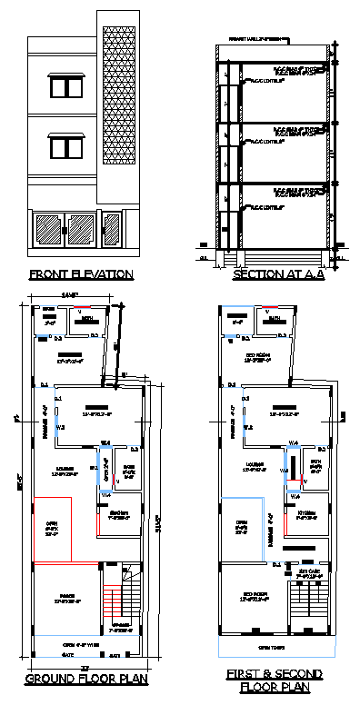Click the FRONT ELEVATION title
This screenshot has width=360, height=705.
pyautogui.click(x=81, y=274)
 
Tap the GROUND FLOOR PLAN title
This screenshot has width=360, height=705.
pyautogui.click(x=81, y=679)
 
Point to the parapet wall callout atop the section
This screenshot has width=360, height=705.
pyautogui.click(x=253, y=39)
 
